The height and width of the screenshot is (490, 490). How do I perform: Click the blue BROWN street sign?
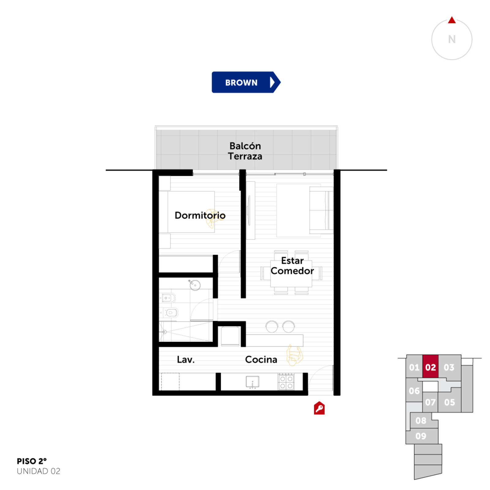click(246, 82)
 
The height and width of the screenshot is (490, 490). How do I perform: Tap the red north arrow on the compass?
click(452, 20)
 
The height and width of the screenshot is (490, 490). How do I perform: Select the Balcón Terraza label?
click(245, 151)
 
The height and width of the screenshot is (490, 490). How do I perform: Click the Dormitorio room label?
click(200, 215)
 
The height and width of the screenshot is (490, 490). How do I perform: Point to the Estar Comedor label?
click(292, 266)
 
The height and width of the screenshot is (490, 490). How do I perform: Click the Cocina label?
click(261, 360)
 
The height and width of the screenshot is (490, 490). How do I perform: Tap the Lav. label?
click(186, 360)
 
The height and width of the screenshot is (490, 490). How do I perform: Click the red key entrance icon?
click(319, 408)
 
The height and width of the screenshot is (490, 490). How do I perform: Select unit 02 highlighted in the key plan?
click(430, 367)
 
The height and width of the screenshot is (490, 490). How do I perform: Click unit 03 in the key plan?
click(449, 367)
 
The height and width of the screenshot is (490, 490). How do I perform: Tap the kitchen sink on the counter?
click(253, 382)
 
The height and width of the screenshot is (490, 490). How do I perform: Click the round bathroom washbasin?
click(194, 285)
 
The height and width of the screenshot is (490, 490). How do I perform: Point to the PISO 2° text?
click(32, 461)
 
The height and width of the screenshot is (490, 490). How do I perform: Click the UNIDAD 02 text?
click(39, 471)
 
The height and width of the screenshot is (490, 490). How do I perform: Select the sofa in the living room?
click(321, 210)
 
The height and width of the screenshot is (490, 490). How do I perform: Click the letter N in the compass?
click(452, 39)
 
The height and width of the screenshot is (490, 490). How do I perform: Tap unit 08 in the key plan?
click(421, 420)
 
